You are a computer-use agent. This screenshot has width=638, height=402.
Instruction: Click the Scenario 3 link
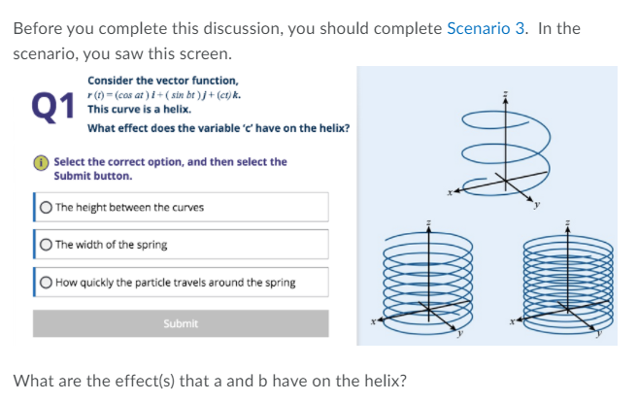coord(487,27)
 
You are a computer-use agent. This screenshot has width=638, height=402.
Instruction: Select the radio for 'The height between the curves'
coord(47,207)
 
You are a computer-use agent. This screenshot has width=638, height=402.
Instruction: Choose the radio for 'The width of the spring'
coord(47,245)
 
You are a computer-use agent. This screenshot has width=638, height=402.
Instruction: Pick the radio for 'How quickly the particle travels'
coord(47,283)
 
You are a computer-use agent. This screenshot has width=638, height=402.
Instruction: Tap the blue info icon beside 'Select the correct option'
coord(44,162)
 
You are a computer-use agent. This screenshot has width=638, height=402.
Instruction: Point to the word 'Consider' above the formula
coord(107,81)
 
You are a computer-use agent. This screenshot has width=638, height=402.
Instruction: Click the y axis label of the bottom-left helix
coord(461,336)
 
